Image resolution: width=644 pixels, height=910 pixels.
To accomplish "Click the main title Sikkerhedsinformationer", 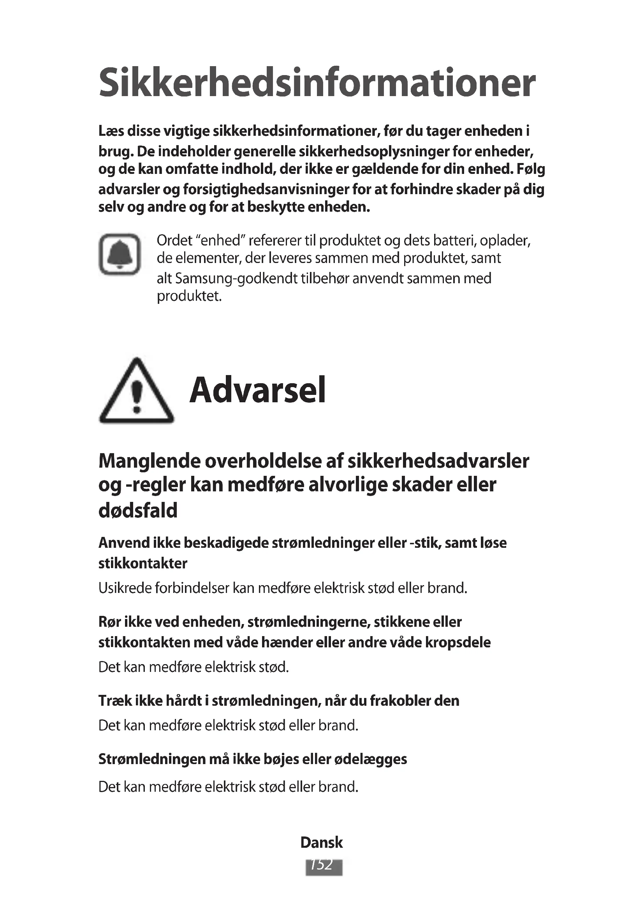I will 317,83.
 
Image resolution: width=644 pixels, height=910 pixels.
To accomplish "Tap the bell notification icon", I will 120,254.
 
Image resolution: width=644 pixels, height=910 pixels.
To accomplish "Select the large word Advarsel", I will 258,390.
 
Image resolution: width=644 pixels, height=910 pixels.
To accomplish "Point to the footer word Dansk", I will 322,842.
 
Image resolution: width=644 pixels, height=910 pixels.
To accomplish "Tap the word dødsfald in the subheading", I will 137,510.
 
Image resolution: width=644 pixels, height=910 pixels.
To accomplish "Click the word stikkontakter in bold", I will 143,563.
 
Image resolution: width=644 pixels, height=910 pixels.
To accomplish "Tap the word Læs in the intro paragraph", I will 111,131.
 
